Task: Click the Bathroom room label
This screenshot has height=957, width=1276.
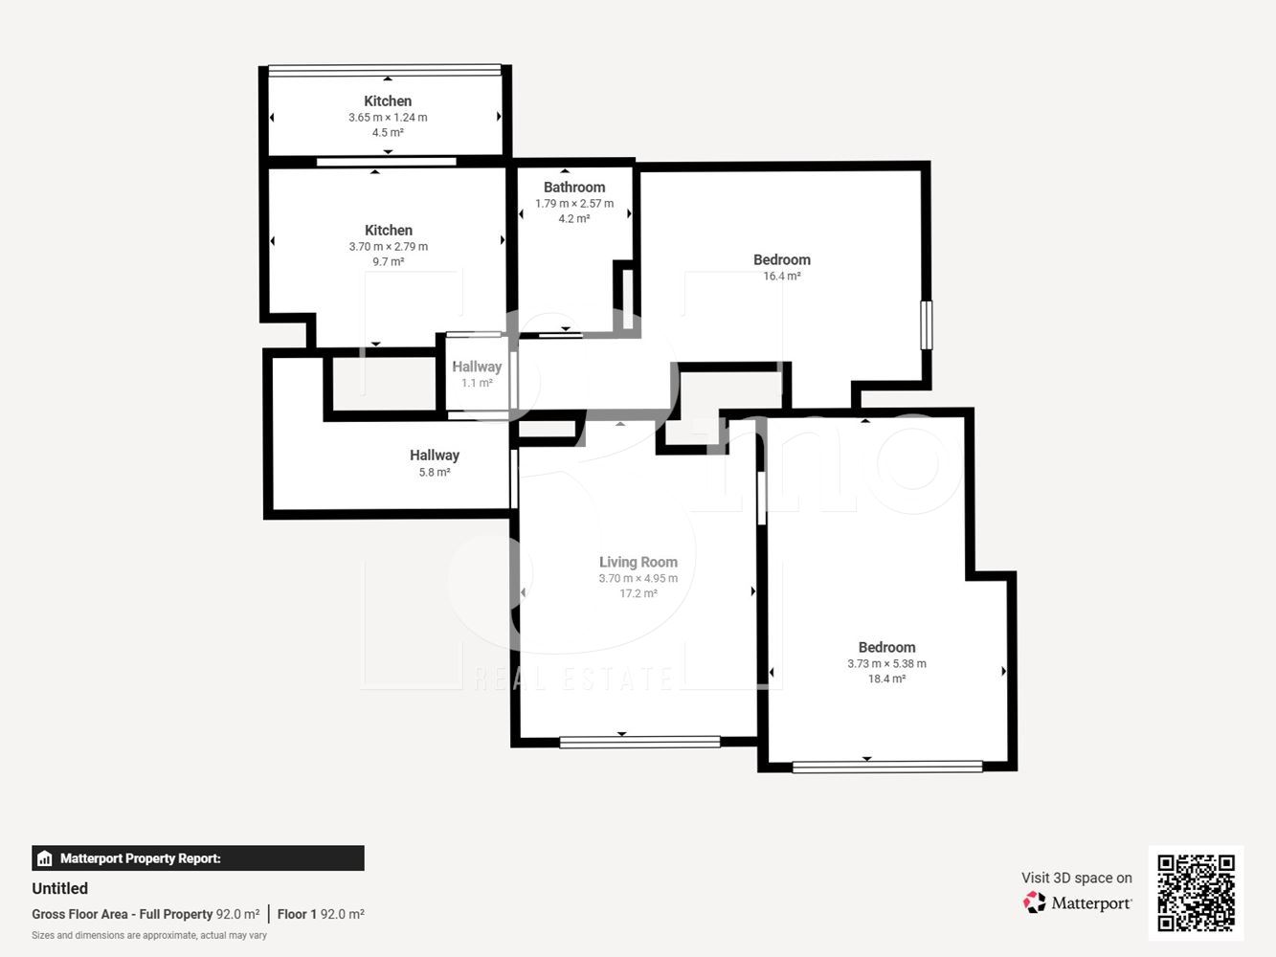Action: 574,188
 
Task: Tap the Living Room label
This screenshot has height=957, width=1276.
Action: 638,562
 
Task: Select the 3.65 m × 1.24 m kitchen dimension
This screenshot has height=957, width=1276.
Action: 388,118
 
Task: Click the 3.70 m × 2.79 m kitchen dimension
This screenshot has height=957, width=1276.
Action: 389,246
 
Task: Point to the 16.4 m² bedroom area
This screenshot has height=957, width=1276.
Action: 782,276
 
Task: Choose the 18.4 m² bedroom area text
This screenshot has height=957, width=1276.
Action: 886,679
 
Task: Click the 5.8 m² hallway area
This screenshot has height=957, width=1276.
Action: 435,473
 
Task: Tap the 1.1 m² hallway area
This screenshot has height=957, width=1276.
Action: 477,383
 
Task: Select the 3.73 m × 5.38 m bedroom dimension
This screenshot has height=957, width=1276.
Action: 886,663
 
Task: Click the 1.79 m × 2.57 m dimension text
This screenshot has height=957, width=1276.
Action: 574,204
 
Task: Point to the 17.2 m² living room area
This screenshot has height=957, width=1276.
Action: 638,593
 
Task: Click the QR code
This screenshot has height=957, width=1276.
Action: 1196,893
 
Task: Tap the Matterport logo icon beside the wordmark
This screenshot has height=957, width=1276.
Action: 1034,902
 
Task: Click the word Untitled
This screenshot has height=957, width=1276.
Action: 60,888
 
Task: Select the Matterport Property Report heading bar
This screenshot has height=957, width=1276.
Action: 198,858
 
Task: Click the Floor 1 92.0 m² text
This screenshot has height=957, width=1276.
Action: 321,914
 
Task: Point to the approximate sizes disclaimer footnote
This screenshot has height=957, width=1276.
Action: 149,936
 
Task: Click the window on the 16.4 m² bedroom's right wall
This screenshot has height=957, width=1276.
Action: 927,324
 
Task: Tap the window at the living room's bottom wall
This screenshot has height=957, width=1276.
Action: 639,742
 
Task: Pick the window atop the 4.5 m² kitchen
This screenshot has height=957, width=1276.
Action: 384,70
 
